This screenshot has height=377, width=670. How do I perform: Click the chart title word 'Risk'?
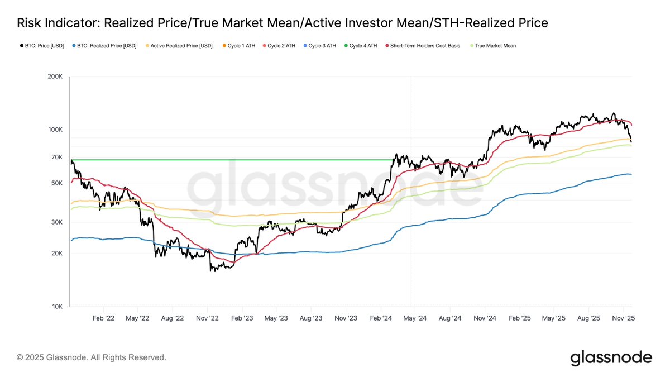(x=30, y=23)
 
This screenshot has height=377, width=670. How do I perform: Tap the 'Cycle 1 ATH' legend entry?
(x=238, y=46)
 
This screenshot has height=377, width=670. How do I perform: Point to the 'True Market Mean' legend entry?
(x=495, y=46)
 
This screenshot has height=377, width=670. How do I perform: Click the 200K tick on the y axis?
(x=55, y=77)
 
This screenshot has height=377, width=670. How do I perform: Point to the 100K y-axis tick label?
(x=55, y=130)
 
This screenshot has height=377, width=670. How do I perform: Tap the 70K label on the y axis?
(x=57, y=157)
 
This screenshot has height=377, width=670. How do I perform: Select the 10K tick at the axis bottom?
(x=57, y=306)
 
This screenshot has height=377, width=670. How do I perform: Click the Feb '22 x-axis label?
(x=103, y=318)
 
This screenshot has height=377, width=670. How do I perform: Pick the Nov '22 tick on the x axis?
(x=207, y=318)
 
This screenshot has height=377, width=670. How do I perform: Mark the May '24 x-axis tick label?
(x=415, y=318)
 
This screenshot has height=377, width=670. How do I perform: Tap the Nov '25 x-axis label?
(x=623, y=318)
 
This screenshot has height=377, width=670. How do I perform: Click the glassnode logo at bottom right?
(x=611, y=357)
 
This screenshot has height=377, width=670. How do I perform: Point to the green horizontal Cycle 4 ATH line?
(x=223, y=160)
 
